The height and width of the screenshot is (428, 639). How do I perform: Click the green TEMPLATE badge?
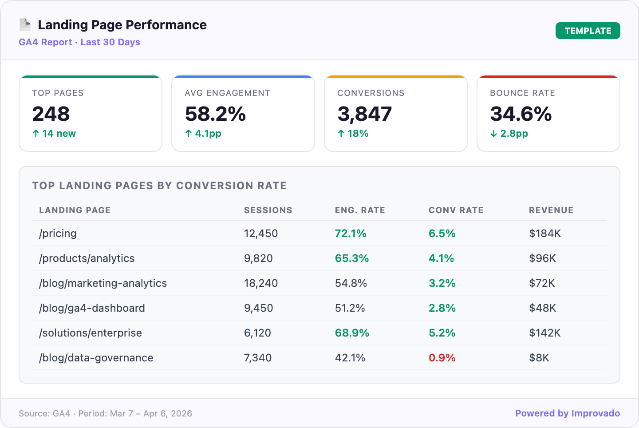[588, 31]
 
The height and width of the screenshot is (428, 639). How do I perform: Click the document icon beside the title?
[25, 25]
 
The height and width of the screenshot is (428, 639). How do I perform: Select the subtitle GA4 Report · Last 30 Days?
[79, 42]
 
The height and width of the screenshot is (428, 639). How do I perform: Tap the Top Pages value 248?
[51, 114]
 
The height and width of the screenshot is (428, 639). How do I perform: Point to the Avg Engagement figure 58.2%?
[215, 114]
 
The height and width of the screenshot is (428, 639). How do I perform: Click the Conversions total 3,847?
[364, 114]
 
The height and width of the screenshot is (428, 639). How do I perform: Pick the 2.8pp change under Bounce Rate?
[509, 134]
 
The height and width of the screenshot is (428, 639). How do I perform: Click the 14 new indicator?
[54, 134]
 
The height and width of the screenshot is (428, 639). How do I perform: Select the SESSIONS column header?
[268, 210]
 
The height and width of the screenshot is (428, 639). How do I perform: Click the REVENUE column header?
[551, 210]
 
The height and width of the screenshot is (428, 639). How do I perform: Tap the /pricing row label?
[58, 234]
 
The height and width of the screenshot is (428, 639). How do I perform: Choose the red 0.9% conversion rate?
[442, 358]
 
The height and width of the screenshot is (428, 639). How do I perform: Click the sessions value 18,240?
[261, 283]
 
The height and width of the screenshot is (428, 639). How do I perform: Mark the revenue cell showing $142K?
[544, 333]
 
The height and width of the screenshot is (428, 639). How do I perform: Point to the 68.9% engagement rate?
[352, 333]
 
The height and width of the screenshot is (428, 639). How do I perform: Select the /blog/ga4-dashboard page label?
[92, 308]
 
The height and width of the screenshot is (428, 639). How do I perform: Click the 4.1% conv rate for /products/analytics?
[441, 258]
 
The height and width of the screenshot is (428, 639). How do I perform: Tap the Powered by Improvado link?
[567, 413]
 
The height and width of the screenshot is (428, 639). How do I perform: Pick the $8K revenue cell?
[539, 358]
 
